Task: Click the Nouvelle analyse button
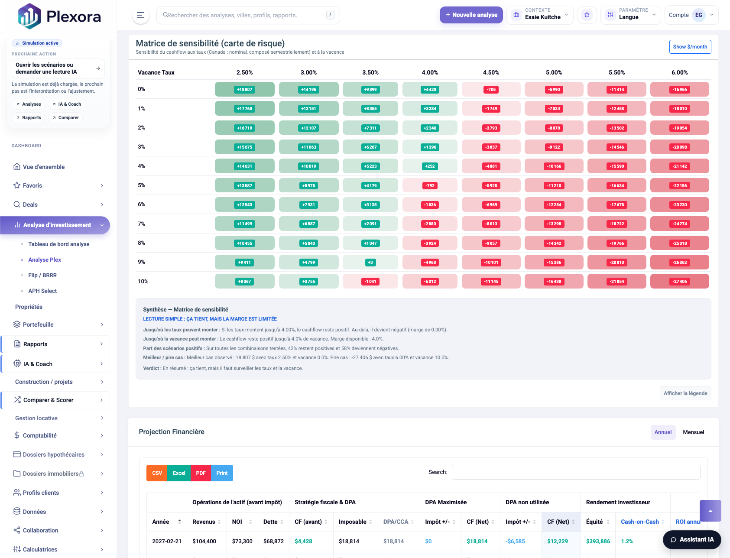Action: point(471,15)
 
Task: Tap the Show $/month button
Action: point(690,47)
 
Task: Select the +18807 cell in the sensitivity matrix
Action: point(244,90)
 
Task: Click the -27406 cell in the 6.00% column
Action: point(679,282)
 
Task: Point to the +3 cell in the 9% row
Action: point(370,263)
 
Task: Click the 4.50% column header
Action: point(491,72)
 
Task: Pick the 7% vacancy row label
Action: point(142,224)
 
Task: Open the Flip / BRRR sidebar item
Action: point(42,275)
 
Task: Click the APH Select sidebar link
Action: point(42,291)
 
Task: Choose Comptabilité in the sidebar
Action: point(40,435)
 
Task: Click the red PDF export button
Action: point(201,473)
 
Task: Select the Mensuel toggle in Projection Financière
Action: point(693,432)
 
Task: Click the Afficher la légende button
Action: point(685,393)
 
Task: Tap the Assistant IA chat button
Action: point(691,539)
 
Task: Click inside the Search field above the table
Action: point(576,472)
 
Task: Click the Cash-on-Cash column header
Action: point(639,522)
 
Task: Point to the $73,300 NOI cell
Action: point(242,541)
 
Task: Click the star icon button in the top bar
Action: point(587,15)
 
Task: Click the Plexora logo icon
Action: point(29,16)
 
